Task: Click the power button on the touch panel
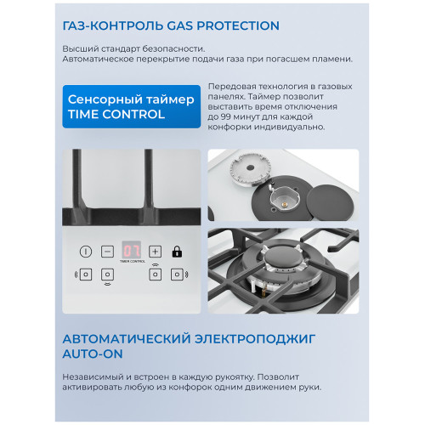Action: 86,251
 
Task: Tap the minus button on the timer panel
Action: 108,251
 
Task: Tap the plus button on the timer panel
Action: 156,251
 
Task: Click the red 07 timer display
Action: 132,250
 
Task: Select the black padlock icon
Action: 178,251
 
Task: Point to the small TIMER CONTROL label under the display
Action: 132,263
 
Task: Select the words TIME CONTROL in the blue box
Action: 116,114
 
